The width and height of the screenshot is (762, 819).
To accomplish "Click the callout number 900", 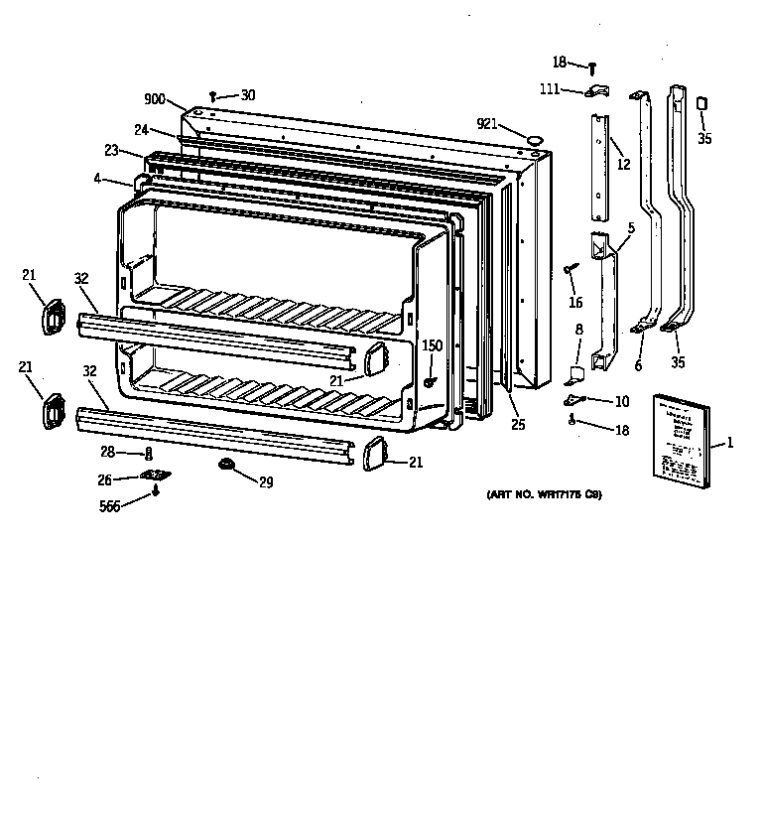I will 155,99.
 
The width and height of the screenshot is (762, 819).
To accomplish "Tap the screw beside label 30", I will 213,97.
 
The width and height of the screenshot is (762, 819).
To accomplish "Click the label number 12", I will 623,165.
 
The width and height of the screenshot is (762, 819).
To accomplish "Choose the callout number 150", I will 433,345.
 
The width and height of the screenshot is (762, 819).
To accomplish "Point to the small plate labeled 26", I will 155,478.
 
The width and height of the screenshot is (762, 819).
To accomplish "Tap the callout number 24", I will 142,130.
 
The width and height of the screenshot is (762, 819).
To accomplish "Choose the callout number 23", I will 111,150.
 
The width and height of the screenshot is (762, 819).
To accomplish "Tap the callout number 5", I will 630,227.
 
